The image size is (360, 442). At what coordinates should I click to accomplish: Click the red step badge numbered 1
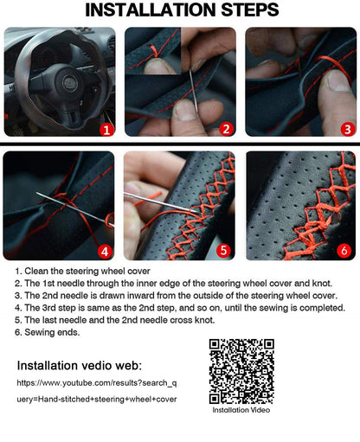(106, 129)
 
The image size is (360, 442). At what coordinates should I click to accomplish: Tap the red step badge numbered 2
(226, 129)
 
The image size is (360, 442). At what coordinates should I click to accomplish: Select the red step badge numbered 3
(346, 129)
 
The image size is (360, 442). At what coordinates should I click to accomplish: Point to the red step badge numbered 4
(106, 252)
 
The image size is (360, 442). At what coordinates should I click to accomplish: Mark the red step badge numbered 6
(344, 252)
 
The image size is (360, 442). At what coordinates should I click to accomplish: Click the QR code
(241, 370)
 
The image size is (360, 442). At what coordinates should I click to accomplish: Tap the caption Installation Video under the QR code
(241, 411)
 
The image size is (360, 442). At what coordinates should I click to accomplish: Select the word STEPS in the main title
(243, 10)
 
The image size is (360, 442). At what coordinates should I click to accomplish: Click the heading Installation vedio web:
(80, 365)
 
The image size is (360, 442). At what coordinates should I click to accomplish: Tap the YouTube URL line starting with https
(97, 381)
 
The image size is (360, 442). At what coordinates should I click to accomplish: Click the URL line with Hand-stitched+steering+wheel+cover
(97, 400)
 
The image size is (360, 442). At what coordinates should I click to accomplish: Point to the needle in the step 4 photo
(78, 208)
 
